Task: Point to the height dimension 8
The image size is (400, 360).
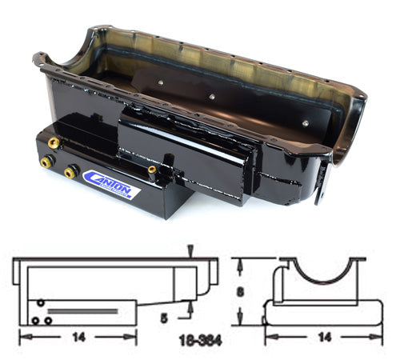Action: [x=240, y=292]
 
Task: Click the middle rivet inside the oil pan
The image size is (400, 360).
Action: [x=211, y=97]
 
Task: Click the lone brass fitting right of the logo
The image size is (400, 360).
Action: [x=150, y=170]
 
